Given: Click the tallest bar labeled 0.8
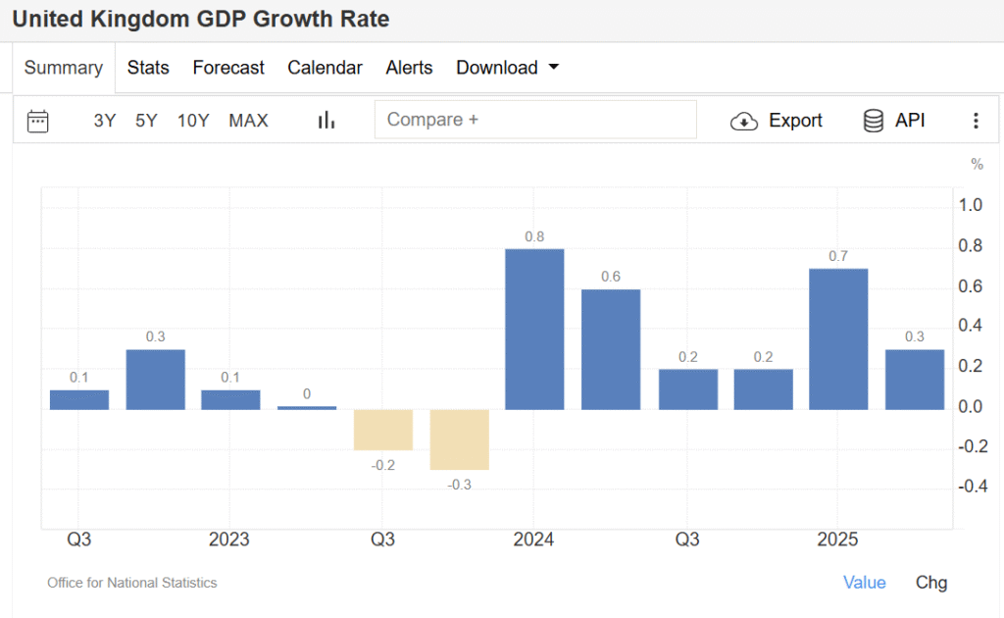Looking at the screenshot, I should point(534,329).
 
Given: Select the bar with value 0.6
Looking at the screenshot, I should point(611,349).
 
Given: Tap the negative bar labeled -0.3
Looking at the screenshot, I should point(459,439).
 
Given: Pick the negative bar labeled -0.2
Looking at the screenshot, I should point(382,430).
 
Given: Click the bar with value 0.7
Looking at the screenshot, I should point(838,338).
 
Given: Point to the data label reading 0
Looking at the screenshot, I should point(307,394).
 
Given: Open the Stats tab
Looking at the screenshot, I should point(148,68).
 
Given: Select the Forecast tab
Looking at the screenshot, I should point(228,68).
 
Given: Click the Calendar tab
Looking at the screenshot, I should point(325,68).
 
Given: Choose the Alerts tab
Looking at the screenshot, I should point(409,68).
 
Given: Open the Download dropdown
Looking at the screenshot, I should point(507,68).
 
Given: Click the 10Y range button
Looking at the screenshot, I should point(193,121).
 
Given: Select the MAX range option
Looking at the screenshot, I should point(248,121).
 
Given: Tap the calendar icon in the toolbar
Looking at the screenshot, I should point(38,121).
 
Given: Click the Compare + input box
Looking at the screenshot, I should point(535,120).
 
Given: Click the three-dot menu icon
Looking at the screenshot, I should point(976,121).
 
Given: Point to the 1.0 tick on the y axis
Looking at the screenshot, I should point(971,205).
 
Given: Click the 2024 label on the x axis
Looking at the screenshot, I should point(533,540).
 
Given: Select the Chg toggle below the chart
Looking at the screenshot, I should point(931,583).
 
